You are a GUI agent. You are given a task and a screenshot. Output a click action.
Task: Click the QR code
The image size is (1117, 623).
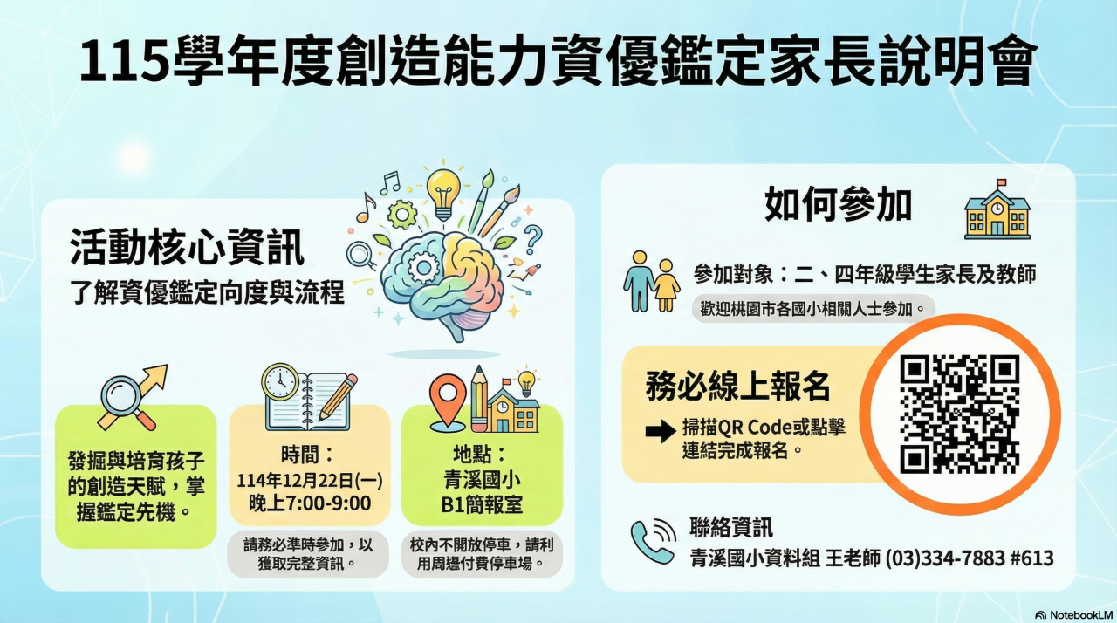pos(959,414)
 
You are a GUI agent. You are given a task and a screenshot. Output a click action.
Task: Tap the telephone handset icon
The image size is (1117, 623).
pos(652,541)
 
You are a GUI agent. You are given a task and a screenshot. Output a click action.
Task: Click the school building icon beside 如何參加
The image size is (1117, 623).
pos(997,209)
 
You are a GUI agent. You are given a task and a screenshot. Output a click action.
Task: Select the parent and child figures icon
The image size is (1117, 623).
pos(651,282)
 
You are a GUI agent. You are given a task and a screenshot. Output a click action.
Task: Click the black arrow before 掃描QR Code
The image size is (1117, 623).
pos(661,431)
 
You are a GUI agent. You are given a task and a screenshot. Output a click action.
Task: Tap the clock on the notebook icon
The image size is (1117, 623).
pos(280,381)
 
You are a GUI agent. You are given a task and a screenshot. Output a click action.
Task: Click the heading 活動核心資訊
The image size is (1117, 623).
pos(187,247)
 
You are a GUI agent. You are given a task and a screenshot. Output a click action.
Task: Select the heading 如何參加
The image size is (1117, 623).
pos(839,204)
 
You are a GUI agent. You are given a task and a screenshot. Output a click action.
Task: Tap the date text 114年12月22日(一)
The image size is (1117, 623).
pos(310,481)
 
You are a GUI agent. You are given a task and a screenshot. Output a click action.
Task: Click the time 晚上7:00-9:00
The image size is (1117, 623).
pos(310,503)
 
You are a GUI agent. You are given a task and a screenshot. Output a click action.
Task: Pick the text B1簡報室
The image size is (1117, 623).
pos(482,505)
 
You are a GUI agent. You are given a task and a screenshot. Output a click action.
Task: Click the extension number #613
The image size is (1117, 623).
pos(1032,558)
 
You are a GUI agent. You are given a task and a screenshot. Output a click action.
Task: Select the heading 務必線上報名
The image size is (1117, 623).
pos(738,387)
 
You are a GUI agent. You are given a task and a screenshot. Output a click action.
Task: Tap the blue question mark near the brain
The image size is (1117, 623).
pos(532,239)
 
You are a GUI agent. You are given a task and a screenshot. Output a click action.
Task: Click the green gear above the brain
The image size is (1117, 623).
pos(402,215)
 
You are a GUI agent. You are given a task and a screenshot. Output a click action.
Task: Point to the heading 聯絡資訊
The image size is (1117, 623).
pos(731,528)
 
